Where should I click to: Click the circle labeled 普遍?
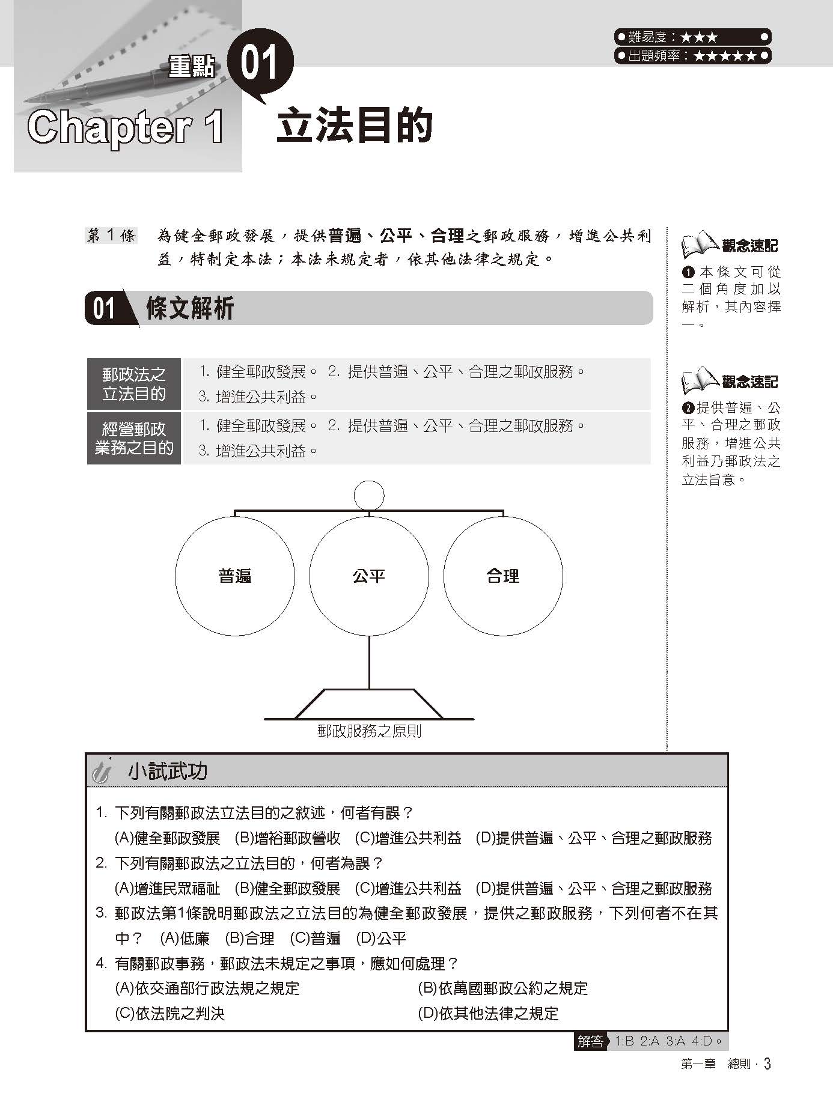pyautogui.click(x=235, y=576)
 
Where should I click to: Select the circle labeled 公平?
pyautogui.click(x=369, y=576)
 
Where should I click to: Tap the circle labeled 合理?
pyautogui.click(x=503, y=576)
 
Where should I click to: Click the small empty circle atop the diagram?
pyautogui.click(x=369, y=495)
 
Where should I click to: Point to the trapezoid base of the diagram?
pyautogui.click(x=369, y=704)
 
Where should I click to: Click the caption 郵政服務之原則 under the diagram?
pyautogui.click(x=369, y=731)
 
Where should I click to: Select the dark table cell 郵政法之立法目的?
pyautogui.click(x=133, y=385)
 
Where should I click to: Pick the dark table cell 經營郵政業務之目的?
pyautogui.click(x=133, y=438)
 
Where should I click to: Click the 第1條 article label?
pyautogui.click(x=112, y=236)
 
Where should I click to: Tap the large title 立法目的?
pyautogui.click(x=355, y=126)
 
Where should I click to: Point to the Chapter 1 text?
pyautogui.click(x=126, y=127)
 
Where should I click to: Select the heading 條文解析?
pyautogui.click(x=189, y=309)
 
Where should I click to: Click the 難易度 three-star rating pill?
pyautogui.click(x=692, y=37)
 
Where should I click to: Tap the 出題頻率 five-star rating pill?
pyautogui.click(x=692, y=56)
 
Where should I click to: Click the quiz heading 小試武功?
pyautogui.click(x=167, y=771)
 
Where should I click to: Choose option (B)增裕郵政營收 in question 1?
pyautogui.click(x=287, y=838)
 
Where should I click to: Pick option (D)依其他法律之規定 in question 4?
pyautogui.click(x=488, y=1014)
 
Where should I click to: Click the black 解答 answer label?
pyautogui.click(x=590, y=1041)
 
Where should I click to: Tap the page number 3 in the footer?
pyautogui.click(x=767, y=1064)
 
